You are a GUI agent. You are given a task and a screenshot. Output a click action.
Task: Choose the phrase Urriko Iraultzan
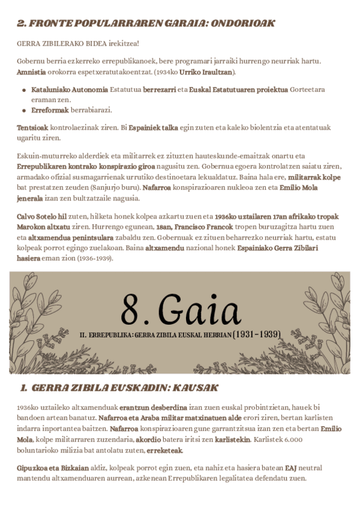tap(211, 72)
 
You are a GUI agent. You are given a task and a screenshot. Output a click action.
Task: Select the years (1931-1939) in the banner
tap(257, 333)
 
